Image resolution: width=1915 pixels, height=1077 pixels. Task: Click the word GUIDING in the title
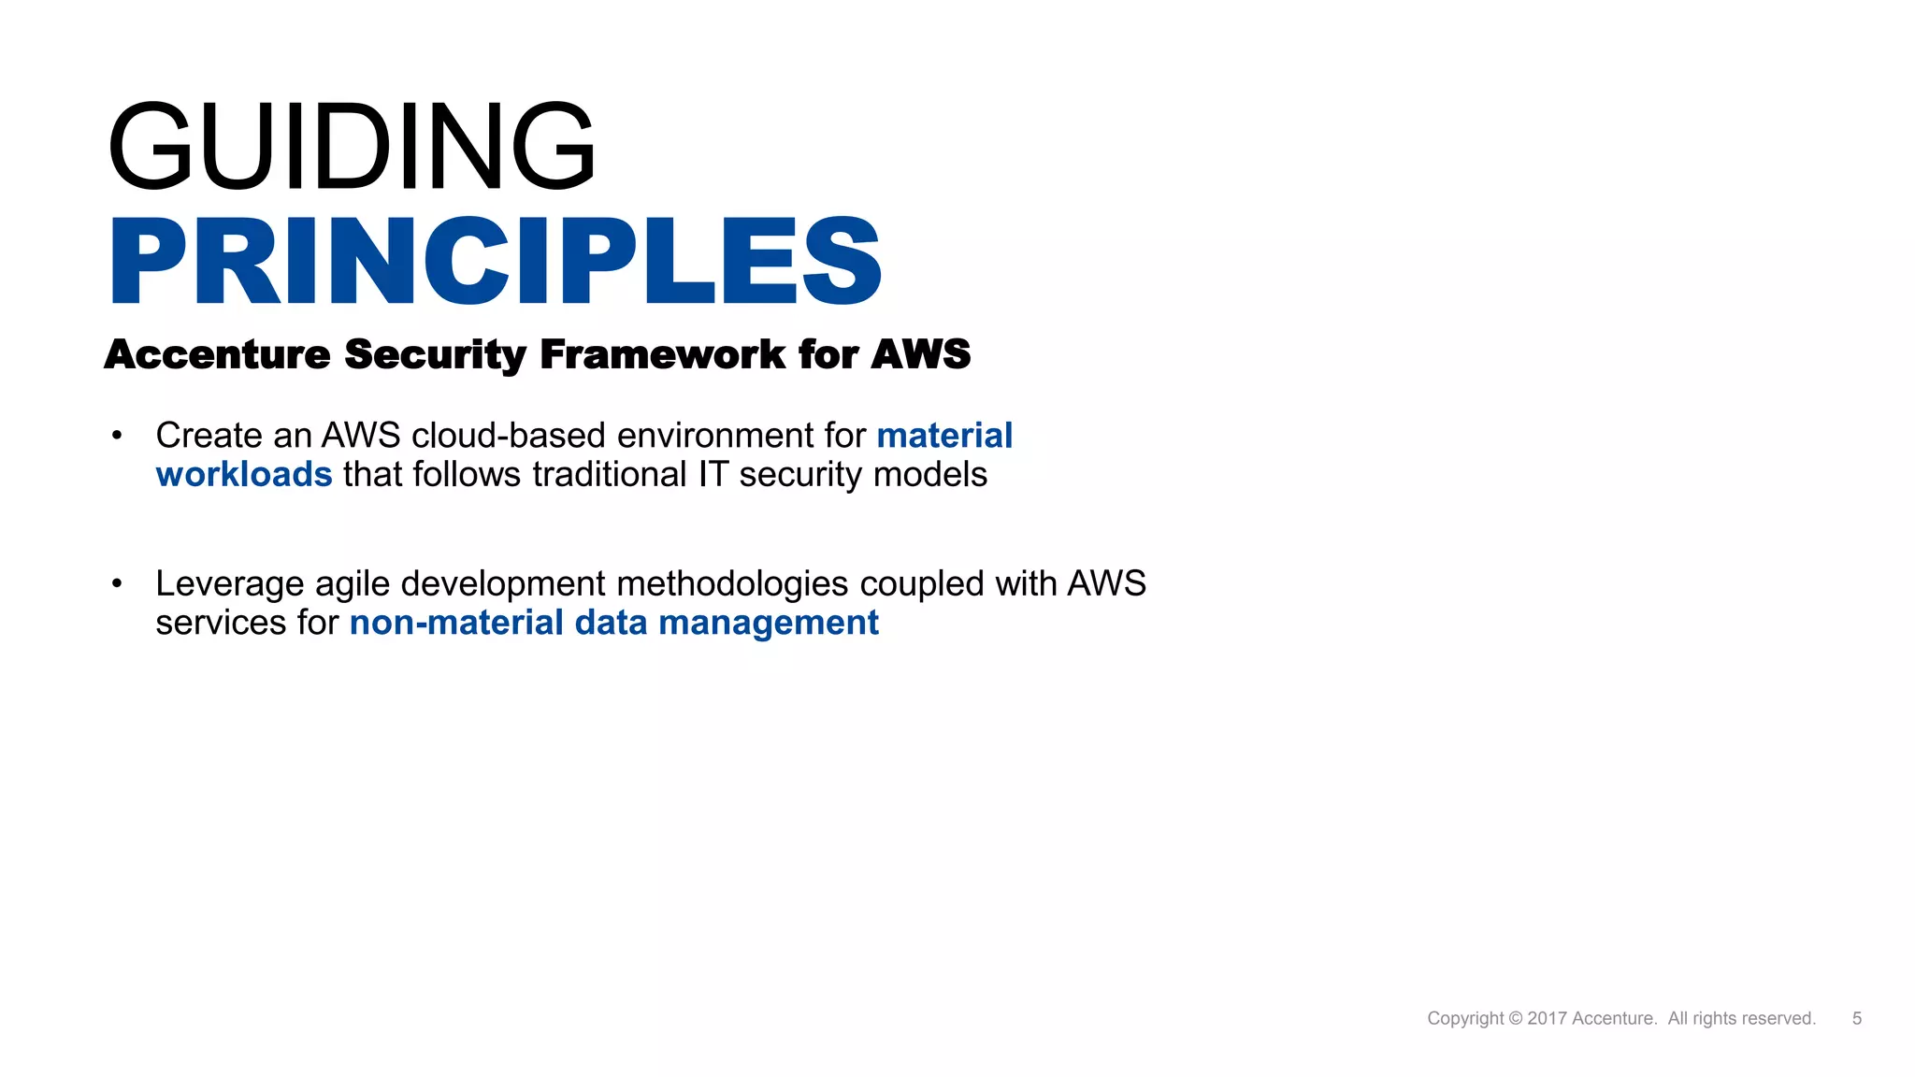(x=352, y=146)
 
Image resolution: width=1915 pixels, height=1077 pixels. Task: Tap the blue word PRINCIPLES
(x=496, y=261)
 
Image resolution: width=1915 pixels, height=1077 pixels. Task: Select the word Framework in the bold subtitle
(x=662, y=354)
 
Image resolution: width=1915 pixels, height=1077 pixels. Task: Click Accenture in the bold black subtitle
(x=217, y=354)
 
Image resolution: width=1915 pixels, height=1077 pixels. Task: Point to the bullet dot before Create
(x=117, y=436)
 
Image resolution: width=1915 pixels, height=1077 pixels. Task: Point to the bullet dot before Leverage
(x=117, y=584)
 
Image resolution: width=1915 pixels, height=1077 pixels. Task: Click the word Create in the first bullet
(x=209, y=436)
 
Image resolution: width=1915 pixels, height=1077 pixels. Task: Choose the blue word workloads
(x=244, y=475)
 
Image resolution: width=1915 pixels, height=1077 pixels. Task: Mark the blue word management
(x=769, y=623)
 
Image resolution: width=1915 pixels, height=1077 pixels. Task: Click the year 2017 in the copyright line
(x=1547, y=1018)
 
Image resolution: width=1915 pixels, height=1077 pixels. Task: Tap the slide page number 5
(x=1857, y=1018)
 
